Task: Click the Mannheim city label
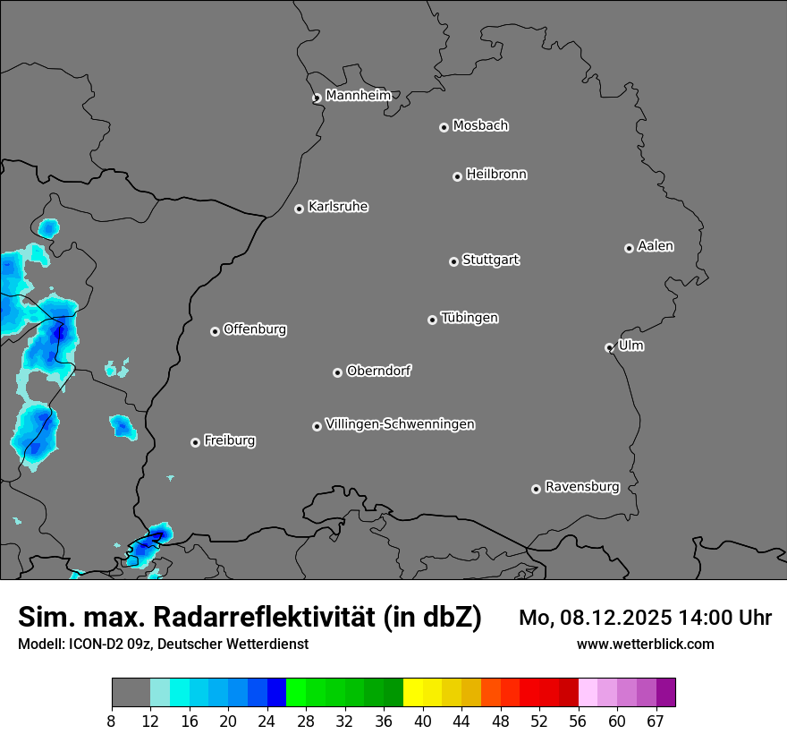[358, 95]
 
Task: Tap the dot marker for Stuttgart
[453, 261]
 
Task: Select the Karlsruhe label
[338, 207]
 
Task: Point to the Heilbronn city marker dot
[457, 176]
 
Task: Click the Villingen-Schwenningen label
[400, 424]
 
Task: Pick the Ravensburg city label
[582, 487]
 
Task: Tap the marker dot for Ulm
[609, 347]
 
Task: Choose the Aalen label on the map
[656, 246]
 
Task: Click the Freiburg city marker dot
[195, 442]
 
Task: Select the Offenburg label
[255, 329]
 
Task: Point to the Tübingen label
[470, 318]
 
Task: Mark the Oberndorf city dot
[337, 372]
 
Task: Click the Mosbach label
[480, 125]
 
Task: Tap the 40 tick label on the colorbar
[423, 722]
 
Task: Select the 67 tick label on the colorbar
[656, 722]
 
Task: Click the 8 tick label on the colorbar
[112, 722]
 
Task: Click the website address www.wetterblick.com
[646, 644]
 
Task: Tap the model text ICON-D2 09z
[105, 644]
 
